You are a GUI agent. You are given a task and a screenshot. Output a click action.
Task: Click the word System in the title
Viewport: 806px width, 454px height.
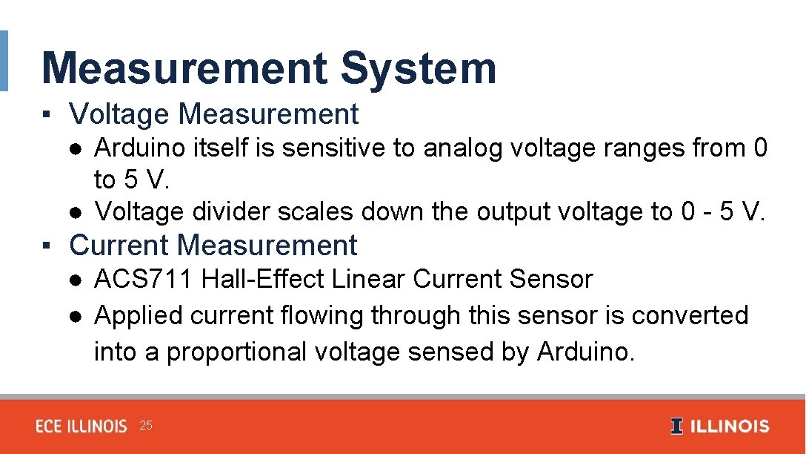pos(419,68)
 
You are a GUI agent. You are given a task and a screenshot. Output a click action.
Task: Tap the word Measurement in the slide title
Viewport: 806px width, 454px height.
pos(184,68)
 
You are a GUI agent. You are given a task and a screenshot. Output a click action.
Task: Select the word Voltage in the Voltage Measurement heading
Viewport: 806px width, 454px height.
pos(119,114)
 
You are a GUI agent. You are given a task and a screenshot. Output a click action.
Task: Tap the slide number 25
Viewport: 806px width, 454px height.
pos(146,426)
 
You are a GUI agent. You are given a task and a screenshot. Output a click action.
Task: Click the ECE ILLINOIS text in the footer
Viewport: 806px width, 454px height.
pos(81,427)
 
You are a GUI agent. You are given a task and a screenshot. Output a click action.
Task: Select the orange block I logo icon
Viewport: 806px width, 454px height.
pos(676,427)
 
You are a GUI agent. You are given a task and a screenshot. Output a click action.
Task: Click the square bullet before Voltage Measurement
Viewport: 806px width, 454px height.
pos(46,115)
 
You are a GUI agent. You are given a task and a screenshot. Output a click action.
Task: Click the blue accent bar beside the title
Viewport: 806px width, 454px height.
pos(4,61)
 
